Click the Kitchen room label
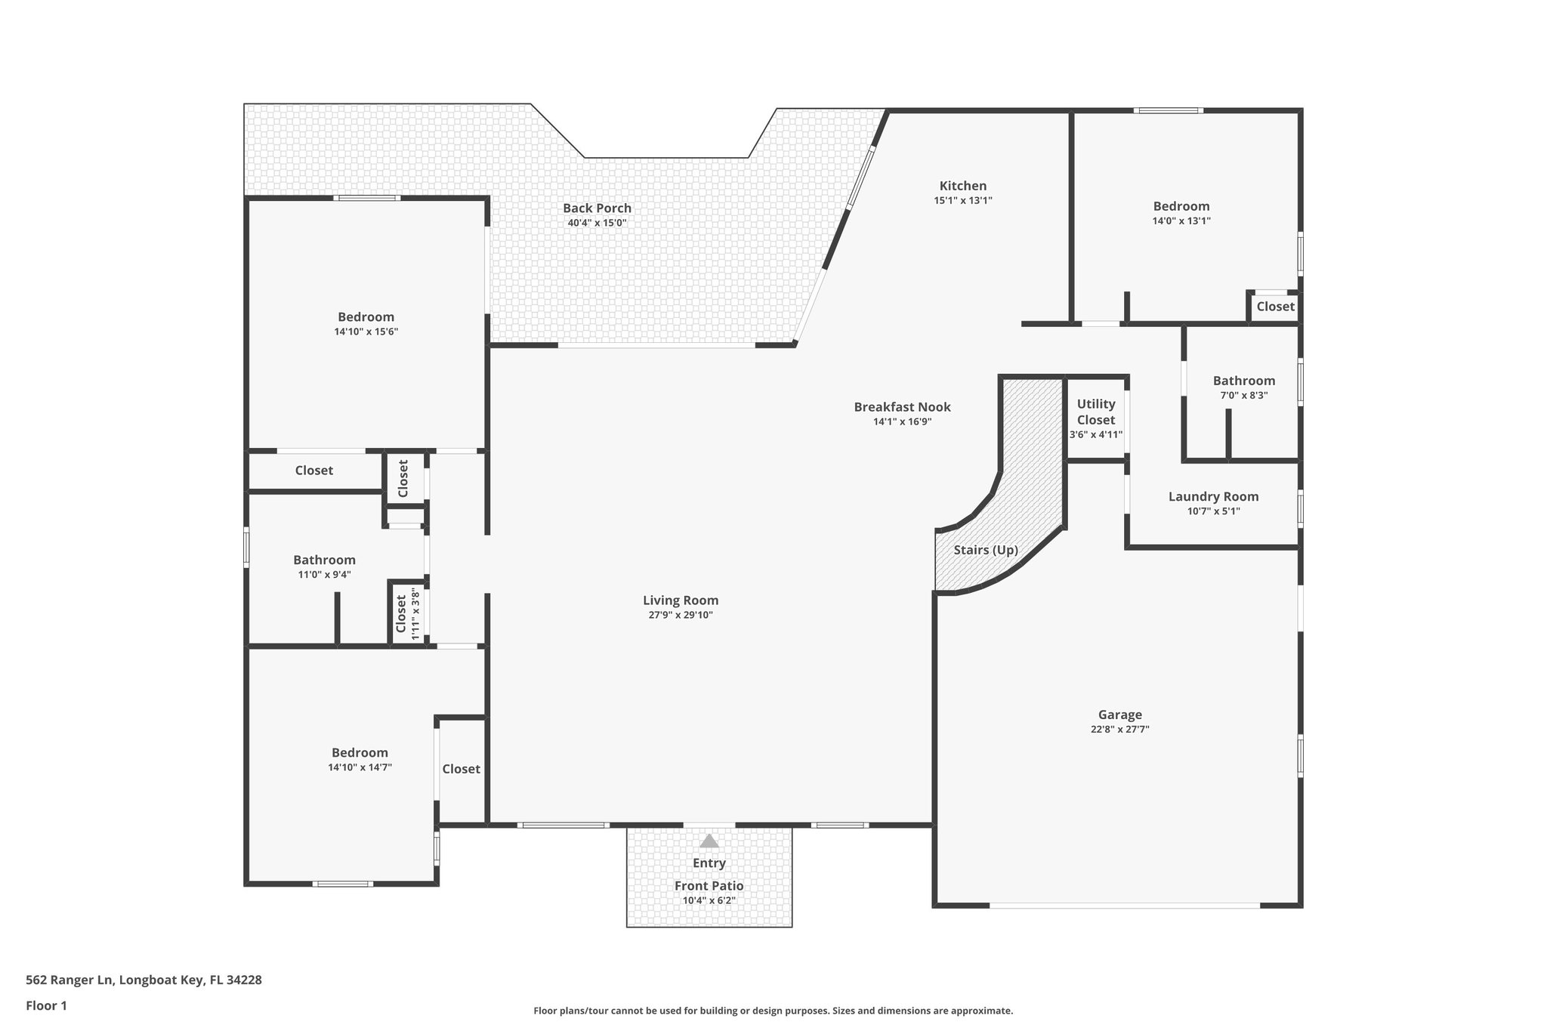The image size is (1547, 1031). click(962, 186)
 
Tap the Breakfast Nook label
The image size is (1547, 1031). click(902, 407)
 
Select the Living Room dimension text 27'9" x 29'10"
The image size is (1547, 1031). click(680, 615)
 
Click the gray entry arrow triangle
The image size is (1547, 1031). click(709, 841)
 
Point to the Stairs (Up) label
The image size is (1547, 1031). click(985, 550)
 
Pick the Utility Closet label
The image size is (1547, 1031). click(1095, 412)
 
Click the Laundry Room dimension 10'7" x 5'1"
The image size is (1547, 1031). click(1213, 511)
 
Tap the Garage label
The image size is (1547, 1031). click(1119, 715)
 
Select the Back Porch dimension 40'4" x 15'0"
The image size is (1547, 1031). click(597, 223)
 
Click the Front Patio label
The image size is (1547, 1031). click(709, 886)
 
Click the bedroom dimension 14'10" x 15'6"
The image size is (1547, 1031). click(366, 332)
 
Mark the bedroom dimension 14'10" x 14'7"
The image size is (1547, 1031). click(360, 767)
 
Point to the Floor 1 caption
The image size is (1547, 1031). click(46, 1005)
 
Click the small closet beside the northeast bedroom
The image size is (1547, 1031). click(1275, 307)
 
